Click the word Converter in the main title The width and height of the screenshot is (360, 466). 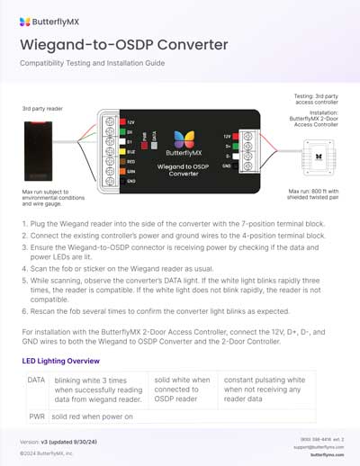191,43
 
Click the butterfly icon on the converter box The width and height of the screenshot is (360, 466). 184,139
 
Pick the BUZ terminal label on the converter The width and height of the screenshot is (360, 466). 131,151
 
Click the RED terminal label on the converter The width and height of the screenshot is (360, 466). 131,161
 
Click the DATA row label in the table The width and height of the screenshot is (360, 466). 36,381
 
